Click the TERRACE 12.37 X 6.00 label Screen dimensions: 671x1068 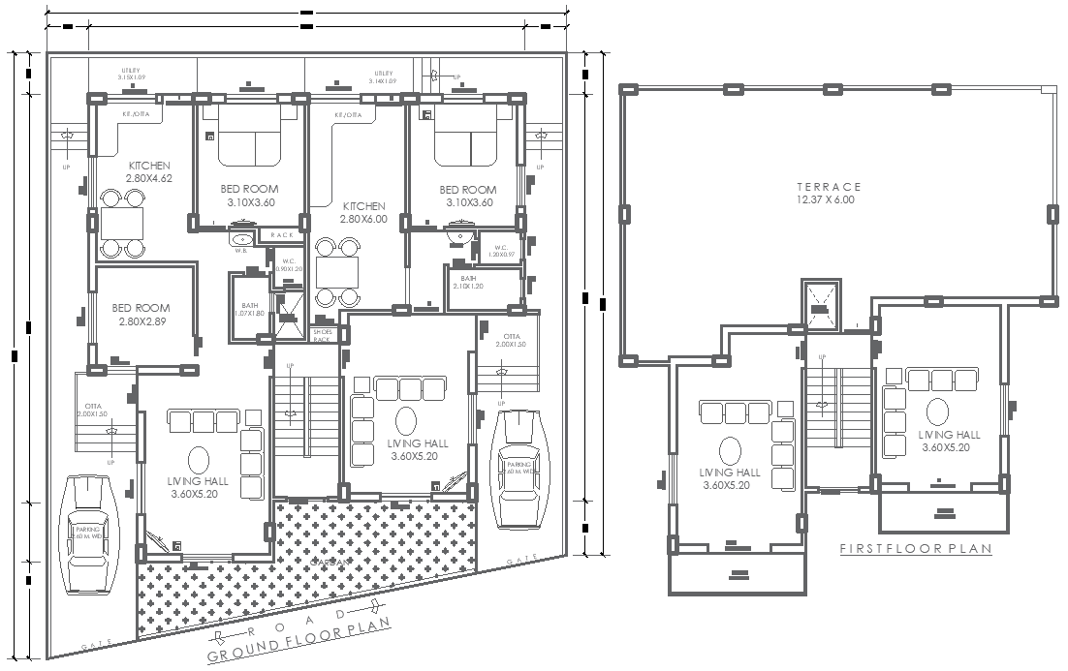829,193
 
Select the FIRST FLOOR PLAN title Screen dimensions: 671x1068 916,549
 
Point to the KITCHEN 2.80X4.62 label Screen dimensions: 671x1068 149,172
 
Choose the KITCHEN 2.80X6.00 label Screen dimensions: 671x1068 362,213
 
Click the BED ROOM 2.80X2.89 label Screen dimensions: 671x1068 141,315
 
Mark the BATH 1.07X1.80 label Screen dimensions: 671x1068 249,310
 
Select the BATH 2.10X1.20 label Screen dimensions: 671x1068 467,283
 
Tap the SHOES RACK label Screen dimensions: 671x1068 322,335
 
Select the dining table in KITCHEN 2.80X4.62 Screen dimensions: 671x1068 122,224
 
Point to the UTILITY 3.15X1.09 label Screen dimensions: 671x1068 131,75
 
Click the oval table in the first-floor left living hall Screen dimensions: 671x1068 728,451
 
